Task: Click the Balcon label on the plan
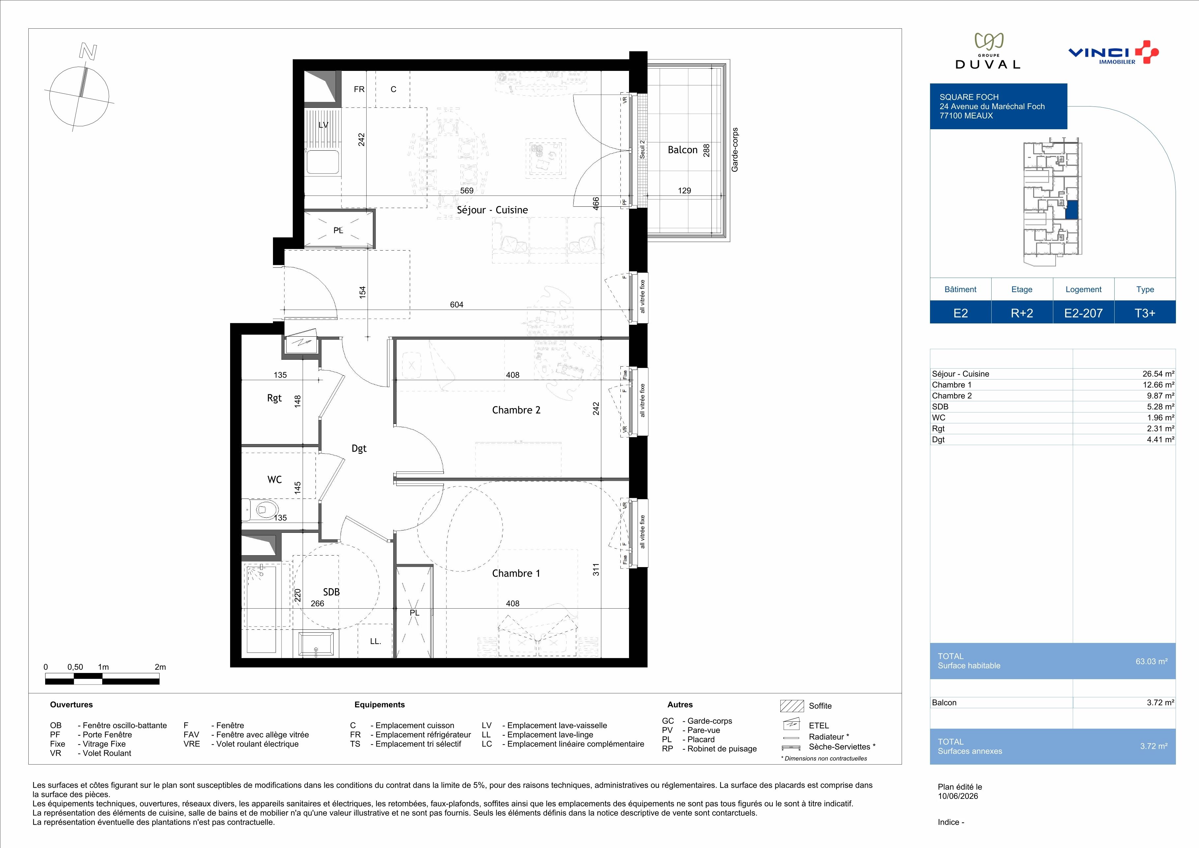click(x=682, y=150)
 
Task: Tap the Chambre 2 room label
click(x=516, y=410)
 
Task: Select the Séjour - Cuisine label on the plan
click(x=492, y=210)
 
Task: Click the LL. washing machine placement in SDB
click(x=375, y=641)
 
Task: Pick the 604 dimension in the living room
click(x=456, y=304)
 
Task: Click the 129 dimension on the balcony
click(x=684, y=191)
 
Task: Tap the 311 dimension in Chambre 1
click(x=596, y=569)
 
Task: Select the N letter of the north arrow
click(x=88, y=51)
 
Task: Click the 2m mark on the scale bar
click(x=160, y=667)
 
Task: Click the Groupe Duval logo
click(x=987, y=51)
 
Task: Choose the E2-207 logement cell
click(x=1084, y=313)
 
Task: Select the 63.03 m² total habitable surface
click(x=1152, y=661)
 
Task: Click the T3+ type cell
click(x=1145, y=313)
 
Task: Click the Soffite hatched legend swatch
click(x=792, y=706)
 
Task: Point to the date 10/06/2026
click(x=958, y=796)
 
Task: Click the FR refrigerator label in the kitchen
click(x=359, y=89)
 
